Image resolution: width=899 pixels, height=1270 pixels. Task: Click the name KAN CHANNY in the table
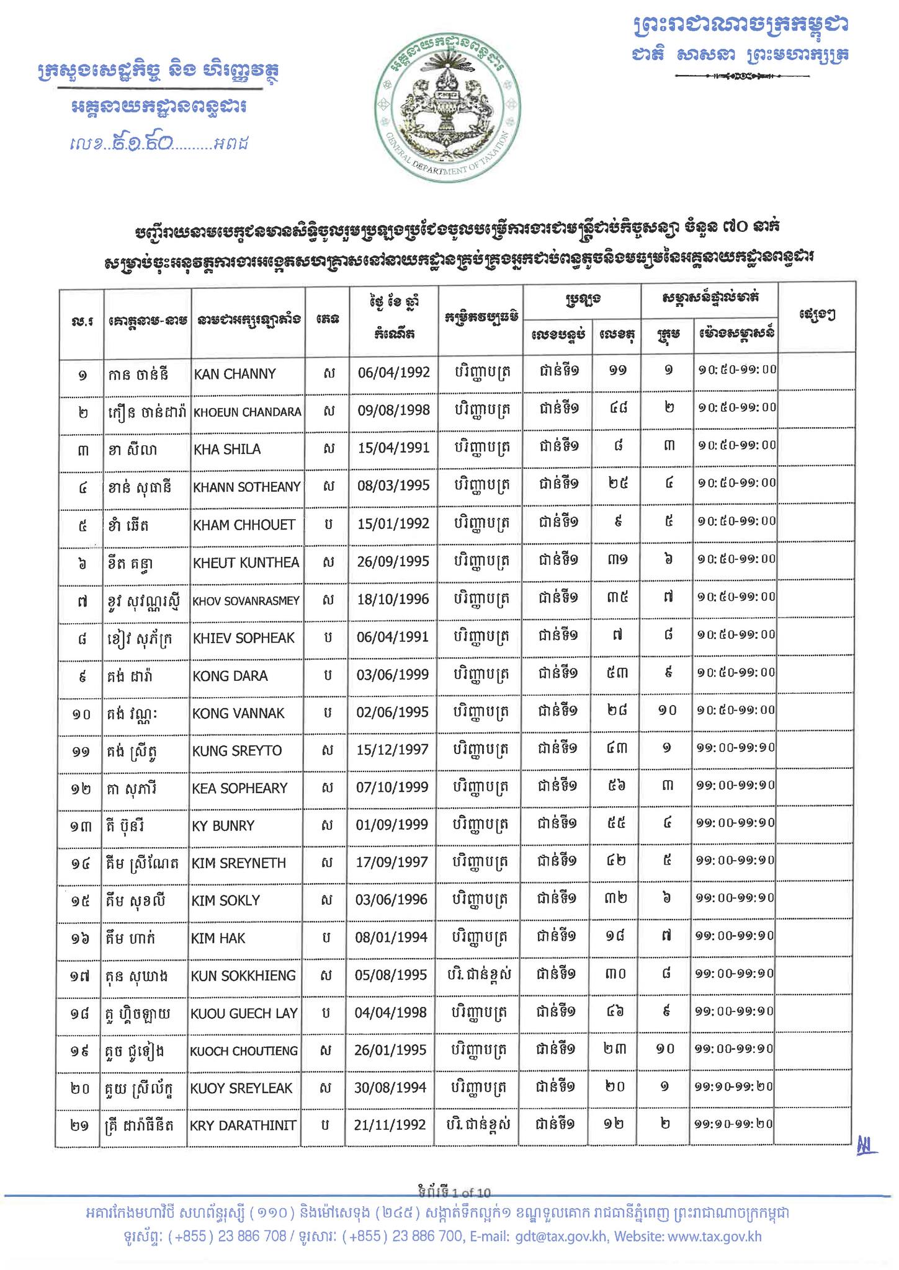point(235,375)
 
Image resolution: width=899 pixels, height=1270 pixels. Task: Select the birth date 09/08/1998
point(393,411)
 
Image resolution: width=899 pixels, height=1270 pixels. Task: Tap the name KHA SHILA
point(227,450)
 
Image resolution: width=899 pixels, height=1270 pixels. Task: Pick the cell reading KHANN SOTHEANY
point(247,487)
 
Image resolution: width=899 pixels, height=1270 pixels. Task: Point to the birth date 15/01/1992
point(393,524)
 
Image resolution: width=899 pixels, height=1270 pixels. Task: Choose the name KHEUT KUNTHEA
point(246,562)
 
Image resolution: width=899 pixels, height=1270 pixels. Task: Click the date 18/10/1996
point(393,600)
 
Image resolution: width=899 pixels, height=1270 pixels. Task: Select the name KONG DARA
point(230,676)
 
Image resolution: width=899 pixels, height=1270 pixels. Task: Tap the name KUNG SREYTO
point(237,751)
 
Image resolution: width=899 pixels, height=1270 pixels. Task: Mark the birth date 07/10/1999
point(392,788)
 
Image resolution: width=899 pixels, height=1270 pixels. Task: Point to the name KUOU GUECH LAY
point(244,1014)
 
